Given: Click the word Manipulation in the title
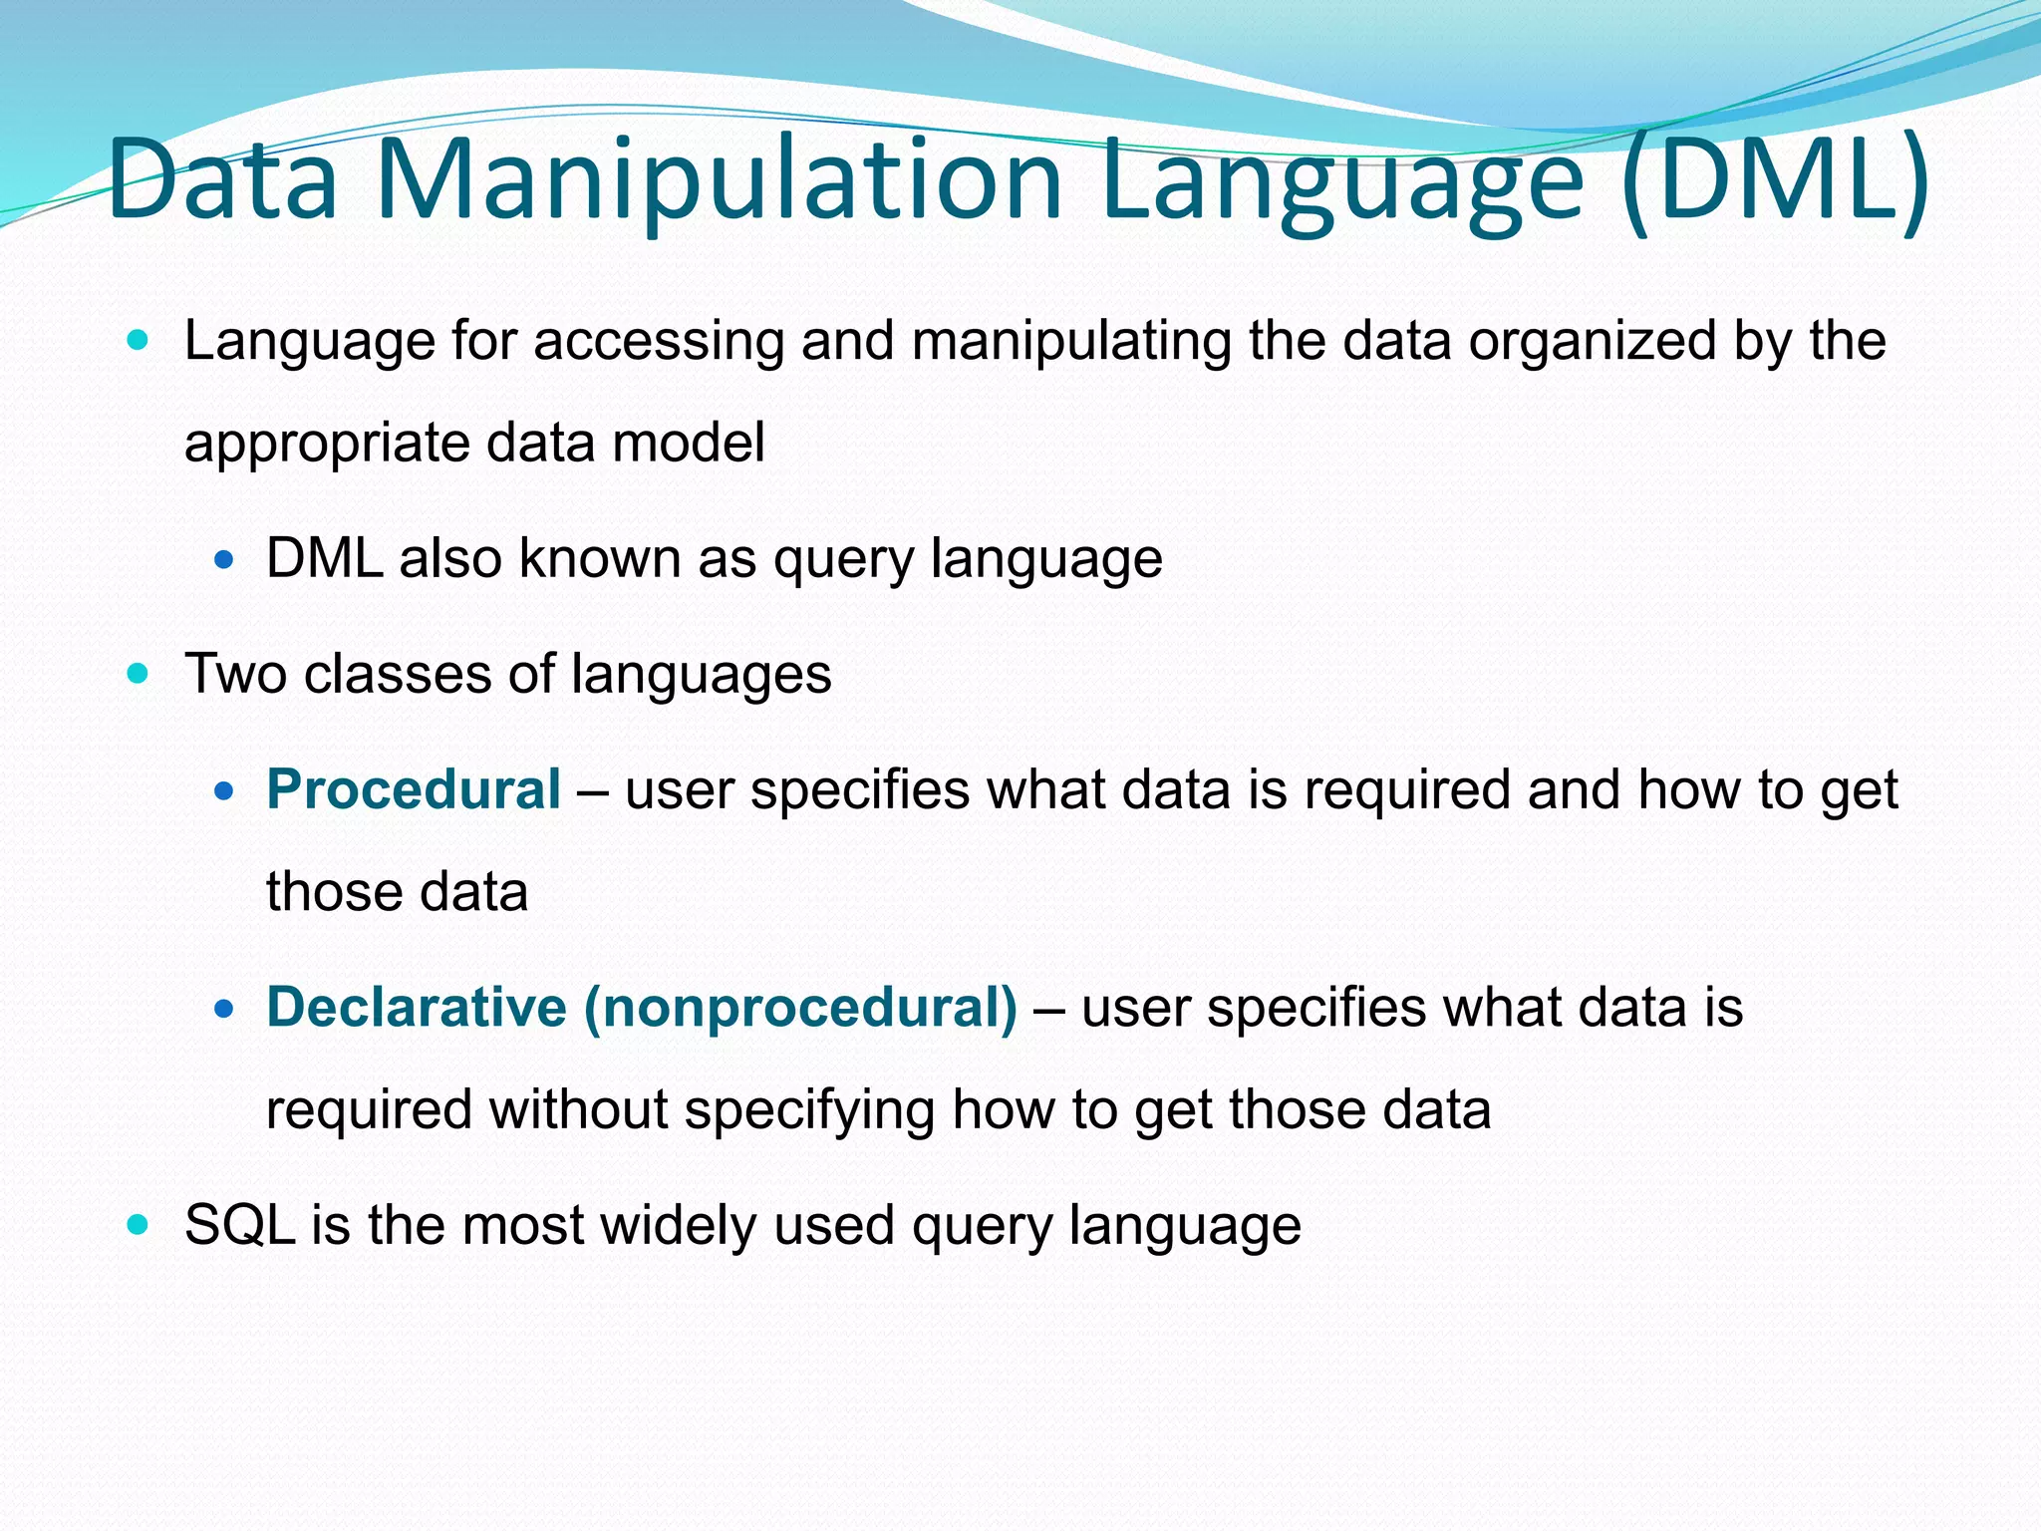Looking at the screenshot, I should pyautogui.click(x=720, y=179).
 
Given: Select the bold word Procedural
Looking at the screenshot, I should pyautogui.click(x=414, y=789).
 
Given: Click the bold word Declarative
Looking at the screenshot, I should pyautogui.click(x=417, y=1007).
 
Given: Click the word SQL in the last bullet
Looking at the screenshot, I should pyautogui.click(x=240, y=1224).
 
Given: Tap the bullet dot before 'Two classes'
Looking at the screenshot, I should pyautogui.click(x=139, y=674).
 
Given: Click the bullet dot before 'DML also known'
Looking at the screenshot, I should pyautogui.click(x=224, y=559).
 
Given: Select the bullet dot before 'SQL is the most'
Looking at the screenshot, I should pyautogui.click(x=139, y=1224).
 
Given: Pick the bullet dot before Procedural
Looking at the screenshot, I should pyautogui.click(x=224, y=791).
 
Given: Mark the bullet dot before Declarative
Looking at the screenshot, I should pyautogui.click(x=224, y=1009).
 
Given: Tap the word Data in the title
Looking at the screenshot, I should pyautogui.click(x=223, y=179).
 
